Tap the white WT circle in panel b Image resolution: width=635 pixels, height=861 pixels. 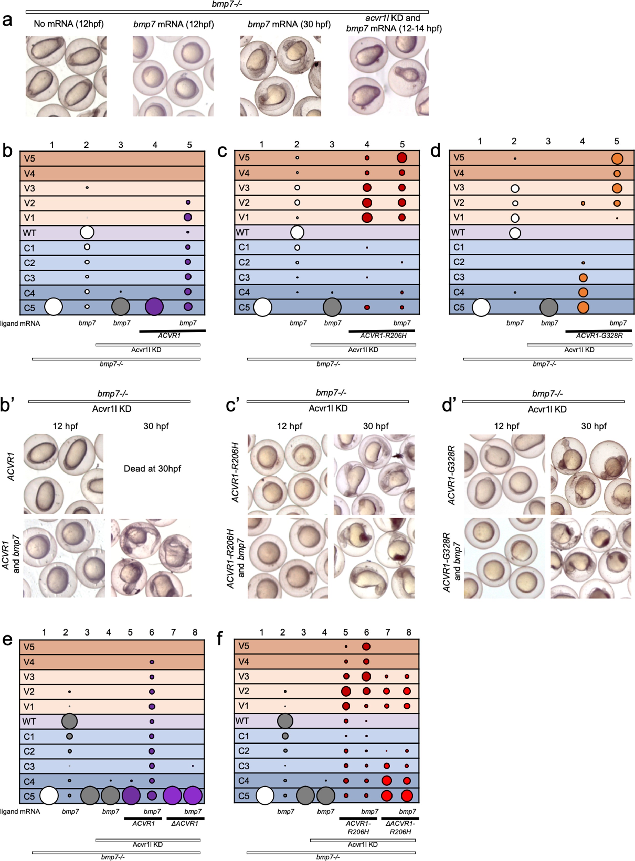(87, 232)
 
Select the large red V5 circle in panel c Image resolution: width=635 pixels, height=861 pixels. (402, 157)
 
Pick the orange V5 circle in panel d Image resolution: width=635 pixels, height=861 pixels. (617, 158)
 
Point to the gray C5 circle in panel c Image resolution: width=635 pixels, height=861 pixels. (332, 307)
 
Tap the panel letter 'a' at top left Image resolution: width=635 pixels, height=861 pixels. (7, 20)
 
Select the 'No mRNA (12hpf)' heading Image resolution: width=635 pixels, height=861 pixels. (69, 24)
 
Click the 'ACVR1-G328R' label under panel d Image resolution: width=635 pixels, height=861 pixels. (599, 335)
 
